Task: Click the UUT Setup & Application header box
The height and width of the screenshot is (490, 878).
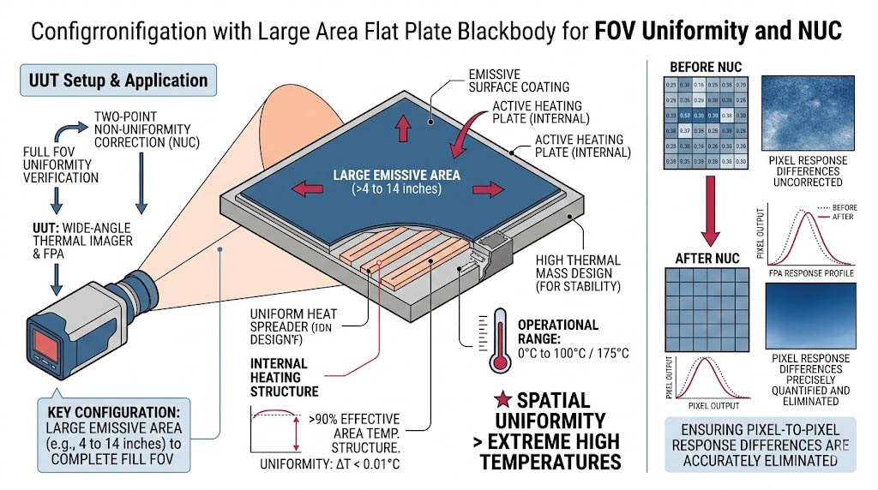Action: click(x=118, y=81)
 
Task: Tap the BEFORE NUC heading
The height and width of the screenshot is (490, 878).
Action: click(x=705, y=67)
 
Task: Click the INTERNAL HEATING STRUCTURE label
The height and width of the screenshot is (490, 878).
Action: click(x=284, y=377)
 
